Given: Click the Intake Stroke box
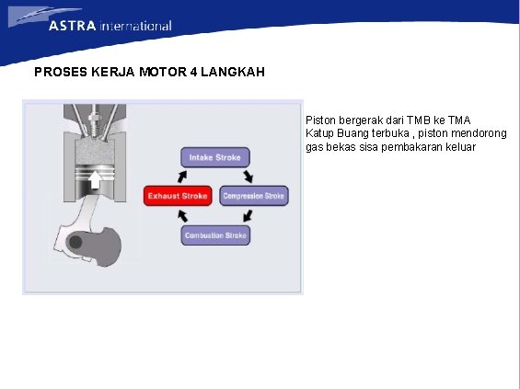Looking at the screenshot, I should pos(214,157).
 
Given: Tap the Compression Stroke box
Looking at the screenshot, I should pos(253,196).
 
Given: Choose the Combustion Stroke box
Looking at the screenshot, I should pos(214,235).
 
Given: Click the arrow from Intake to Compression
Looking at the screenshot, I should pos(247,175).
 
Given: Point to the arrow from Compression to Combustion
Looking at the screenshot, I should pos(247,217).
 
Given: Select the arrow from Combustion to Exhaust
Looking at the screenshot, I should pos(182,217).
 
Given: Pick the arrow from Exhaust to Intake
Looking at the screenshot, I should pos(182,175).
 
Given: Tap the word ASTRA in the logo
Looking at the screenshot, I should pos(73,26).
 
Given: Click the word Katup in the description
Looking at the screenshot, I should pos(320,133).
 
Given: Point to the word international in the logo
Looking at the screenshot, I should pos(135,26).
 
